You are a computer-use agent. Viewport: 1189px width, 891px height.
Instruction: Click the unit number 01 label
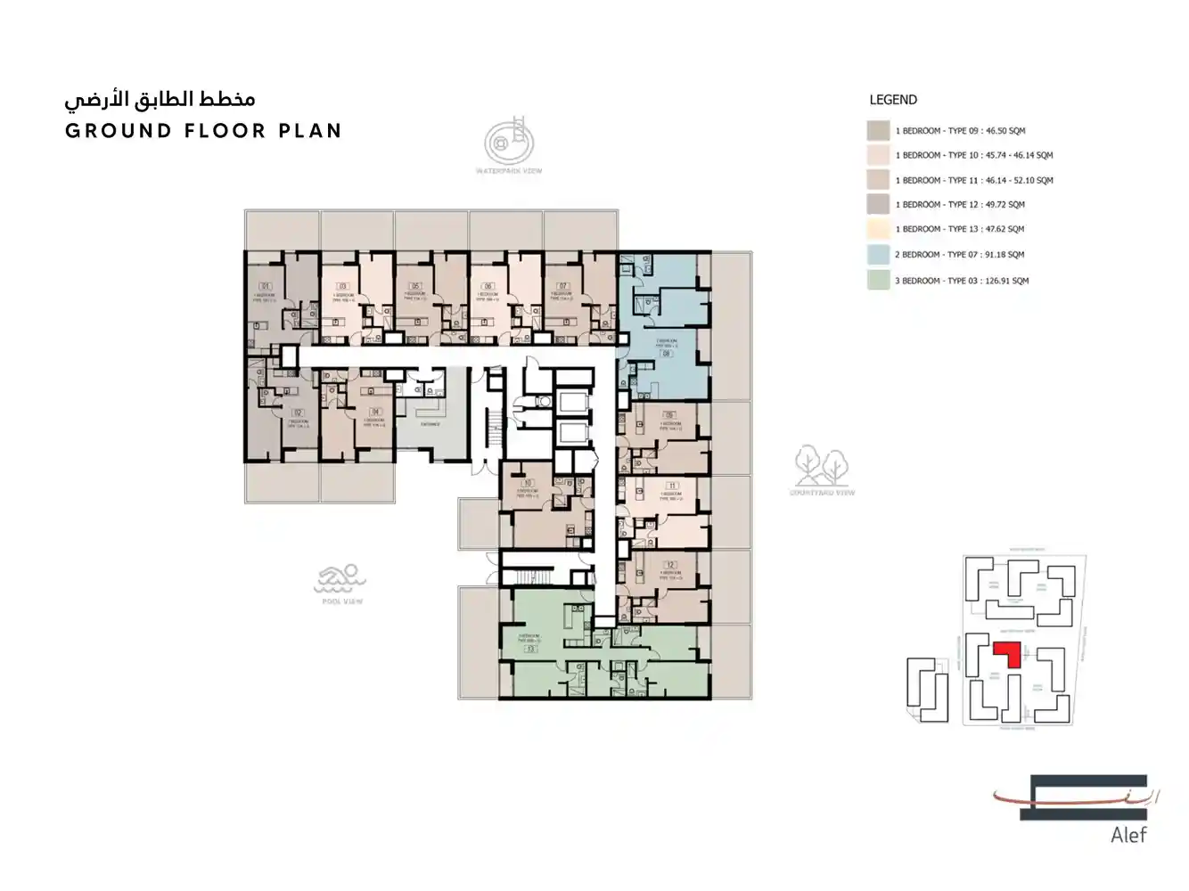265,287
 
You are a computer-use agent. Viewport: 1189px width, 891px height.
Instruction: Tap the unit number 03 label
342,287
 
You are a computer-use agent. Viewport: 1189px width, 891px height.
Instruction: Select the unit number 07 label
563,287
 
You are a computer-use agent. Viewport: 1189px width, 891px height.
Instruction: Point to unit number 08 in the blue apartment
666,353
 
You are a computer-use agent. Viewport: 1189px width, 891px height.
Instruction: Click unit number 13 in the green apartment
530,650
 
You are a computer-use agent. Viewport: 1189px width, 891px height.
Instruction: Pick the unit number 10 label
527,483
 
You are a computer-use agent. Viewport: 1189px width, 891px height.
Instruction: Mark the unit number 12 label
670,565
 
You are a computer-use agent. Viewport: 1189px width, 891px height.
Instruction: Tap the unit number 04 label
375,412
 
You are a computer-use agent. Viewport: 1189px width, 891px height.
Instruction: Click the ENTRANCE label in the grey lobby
430,424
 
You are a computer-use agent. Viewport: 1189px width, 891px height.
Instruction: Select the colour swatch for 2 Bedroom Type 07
878,254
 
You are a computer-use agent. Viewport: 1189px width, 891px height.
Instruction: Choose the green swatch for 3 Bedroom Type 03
878,280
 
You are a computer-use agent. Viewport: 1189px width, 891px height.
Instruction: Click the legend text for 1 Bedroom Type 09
960,131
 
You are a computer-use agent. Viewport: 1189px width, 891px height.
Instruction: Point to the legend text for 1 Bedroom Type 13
960,229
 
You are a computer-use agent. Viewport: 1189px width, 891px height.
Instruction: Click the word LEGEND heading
893,100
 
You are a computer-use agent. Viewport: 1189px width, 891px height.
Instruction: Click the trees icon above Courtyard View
821,465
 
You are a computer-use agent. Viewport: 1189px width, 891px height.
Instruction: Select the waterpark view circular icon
509,142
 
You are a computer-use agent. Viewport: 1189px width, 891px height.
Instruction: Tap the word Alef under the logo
1128,835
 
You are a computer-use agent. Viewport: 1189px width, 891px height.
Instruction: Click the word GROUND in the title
119,131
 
